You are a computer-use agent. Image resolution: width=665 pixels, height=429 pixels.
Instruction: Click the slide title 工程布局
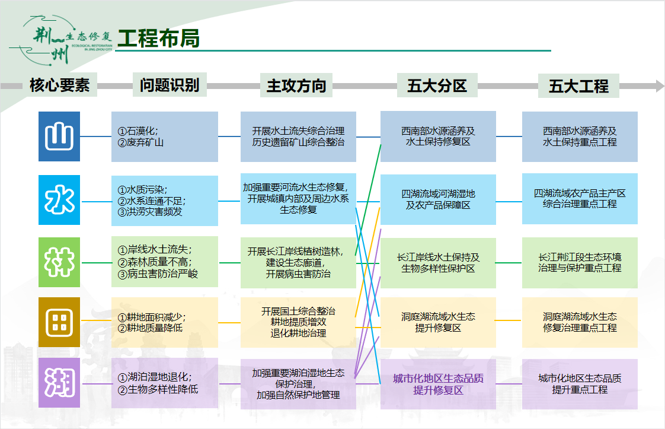pos(158,38)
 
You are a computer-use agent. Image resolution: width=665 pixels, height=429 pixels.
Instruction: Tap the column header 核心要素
pos(60,85)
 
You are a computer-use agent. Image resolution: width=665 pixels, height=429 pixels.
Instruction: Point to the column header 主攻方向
pos(296,86)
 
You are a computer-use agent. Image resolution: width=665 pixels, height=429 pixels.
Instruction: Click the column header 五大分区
pos(437,86)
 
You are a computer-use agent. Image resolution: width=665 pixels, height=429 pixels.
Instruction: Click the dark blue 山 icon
pos(59,136)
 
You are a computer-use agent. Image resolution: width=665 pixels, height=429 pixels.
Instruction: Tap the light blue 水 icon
pos(59,200)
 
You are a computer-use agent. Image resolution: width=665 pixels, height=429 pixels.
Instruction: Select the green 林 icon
pos(59,262)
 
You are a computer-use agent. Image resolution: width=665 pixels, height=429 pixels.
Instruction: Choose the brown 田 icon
pos(59,322)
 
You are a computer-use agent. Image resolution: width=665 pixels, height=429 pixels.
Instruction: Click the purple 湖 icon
pos(59,383)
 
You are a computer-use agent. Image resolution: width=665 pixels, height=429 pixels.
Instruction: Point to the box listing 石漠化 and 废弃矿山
pos(165,136)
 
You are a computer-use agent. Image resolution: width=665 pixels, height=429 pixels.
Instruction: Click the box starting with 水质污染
pos(165,201)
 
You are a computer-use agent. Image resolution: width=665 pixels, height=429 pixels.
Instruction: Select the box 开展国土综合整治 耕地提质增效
pos(298,322)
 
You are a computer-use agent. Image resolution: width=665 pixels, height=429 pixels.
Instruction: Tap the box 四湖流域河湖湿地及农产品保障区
pos(438,199)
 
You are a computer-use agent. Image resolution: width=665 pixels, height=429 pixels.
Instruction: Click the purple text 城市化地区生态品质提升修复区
pos(438,384)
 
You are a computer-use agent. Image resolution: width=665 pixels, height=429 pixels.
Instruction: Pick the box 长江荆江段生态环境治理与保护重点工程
pos(580,262)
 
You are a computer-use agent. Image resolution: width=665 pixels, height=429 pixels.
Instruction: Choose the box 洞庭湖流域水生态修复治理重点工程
pos(580,322)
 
